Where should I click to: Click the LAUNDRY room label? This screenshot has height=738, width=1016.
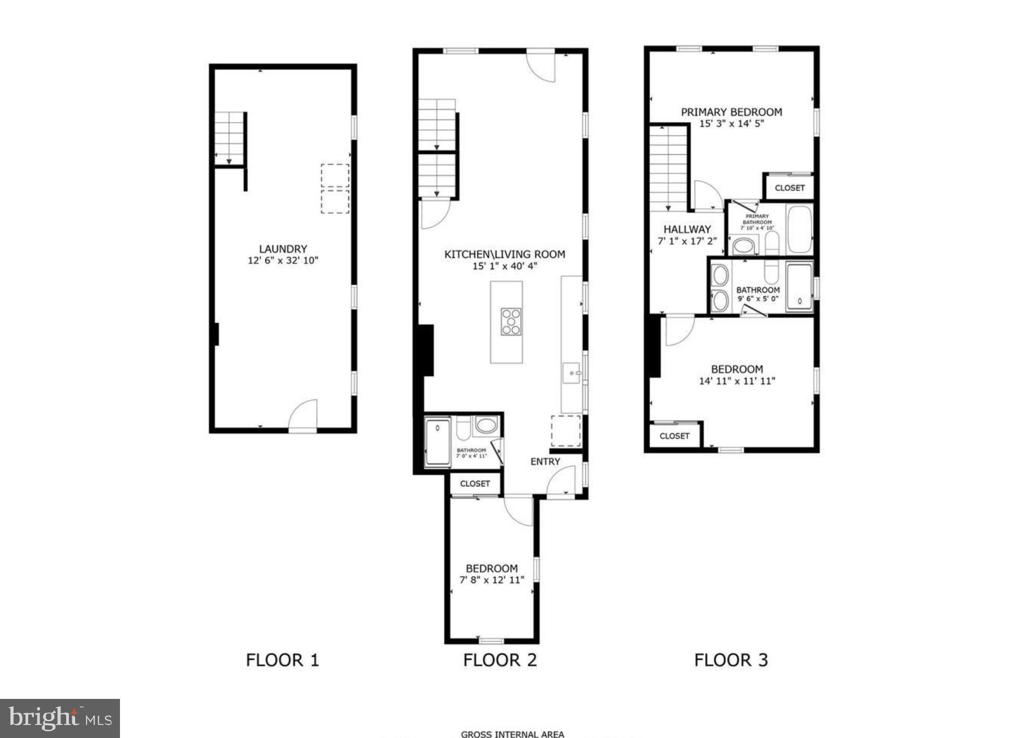[283, 249]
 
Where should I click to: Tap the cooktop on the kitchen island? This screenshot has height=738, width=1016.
[511, 322]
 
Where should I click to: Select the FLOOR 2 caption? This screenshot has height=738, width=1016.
[500, 660]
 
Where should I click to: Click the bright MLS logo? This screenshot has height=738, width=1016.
[60, 718]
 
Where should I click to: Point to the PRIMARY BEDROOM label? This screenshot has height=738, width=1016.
[731, 112]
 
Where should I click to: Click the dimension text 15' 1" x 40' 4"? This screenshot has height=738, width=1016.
[504, 266]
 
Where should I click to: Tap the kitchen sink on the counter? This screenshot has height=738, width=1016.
[572, 374]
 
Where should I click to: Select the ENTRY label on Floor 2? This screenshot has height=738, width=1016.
[545, 462]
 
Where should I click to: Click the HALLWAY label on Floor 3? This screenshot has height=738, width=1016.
[687, 229]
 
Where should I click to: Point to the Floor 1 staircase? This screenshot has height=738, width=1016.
[229, 138]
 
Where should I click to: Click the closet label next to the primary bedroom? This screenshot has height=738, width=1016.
[789, 188]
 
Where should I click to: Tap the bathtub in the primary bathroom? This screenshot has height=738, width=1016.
[800, 230]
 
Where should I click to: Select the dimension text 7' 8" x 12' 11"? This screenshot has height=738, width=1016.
[491, 580]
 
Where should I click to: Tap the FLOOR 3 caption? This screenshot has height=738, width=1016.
[731, 660]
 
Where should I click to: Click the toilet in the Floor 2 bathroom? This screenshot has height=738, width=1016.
[463, 427]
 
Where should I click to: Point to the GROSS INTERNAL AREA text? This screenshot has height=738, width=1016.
[512, 734]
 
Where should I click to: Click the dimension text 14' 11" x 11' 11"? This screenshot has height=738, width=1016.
[736, 381]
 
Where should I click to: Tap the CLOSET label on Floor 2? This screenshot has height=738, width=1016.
[475, 484]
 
